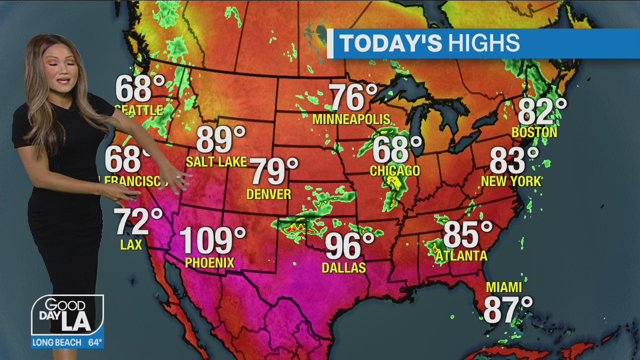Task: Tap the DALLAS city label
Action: [x=343, y=268]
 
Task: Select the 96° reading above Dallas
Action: [x=349, y=246]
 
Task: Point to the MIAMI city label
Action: [x=504, y=287]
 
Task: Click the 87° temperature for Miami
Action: [x=507, y=309]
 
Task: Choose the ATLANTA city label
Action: [x=461, y=256]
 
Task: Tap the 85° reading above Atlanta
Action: [x=467, y=234]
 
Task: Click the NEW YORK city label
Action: [x=511, y=181]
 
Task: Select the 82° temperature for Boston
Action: [x=542, y=111]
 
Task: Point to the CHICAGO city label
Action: [x=395, y=171]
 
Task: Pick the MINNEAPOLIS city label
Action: [x=351, y=119]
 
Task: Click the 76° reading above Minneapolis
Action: [x=353, y=97]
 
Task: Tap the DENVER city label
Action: [x=269, y=194]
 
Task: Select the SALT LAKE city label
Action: [x=216, y=161]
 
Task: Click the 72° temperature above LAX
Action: [x=138, y=222]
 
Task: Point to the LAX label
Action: [x=131, y=244]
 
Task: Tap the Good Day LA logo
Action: [x=67, y=315]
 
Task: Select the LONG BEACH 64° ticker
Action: [x=67, y=343]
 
